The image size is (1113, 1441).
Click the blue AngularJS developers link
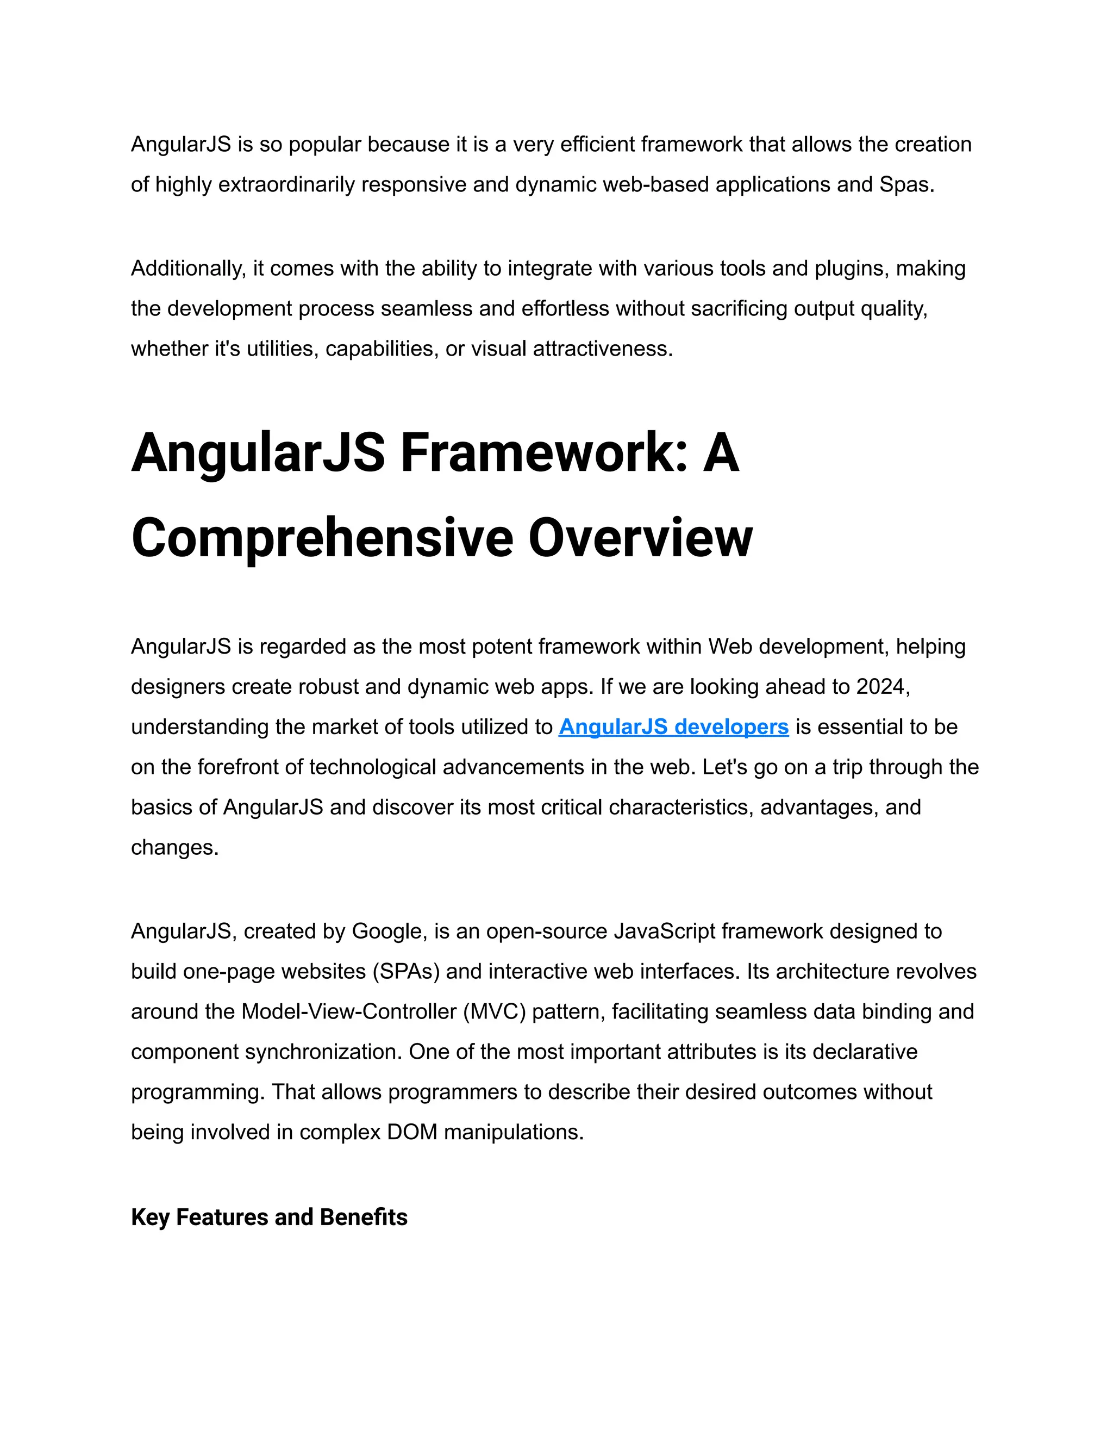(673, 727)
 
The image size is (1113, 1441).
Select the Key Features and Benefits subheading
(269, 1218)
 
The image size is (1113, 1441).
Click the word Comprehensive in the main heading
(322, 538)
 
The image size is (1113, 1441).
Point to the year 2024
(881, 687)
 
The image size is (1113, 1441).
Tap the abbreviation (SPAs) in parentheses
(405, 971)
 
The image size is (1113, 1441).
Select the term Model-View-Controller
(349, 1011)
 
